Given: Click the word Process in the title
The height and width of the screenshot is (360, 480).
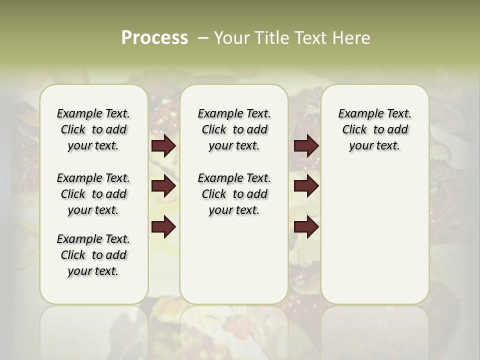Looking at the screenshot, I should click(154, 37).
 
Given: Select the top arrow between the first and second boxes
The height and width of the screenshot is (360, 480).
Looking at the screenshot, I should click(163, 146).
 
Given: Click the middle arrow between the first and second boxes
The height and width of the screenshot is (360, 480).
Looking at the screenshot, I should click(163, 186).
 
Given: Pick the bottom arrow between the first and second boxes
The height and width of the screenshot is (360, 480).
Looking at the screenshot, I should click(163, 227).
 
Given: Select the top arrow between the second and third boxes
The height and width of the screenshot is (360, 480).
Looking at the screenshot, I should click(306, 146).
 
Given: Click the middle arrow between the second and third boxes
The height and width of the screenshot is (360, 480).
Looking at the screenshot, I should click(306, 186).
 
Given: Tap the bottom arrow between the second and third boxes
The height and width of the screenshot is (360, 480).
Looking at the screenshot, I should click(306, 227).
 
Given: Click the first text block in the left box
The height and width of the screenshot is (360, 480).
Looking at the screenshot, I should click(93, 129).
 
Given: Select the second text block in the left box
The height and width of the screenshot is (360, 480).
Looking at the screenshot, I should click(93, 194).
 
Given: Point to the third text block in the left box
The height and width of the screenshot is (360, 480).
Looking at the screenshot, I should click(93, 255).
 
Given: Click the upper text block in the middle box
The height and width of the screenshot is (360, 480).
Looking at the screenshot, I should click(234, 129).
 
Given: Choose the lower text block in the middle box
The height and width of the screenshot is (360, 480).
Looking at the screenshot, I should click(234, 194).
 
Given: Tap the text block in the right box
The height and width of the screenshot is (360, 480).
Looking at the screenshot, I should click(374, 129).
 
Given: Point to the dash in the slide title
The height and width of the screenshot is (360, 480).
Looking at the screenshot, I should click(203, 37).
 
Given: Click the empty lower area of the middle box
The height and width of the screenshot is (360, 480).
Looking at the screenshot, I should click(234, 260).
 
